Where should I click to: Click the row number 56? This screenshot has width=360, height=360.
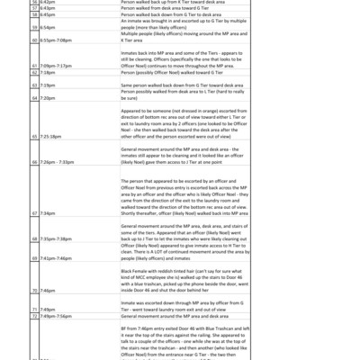pos(33,3)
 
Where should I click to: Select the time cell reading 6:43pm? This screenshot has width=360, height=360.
pos(46,9)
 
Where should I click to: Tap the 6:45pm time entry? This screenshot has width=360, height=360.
pos(46,15)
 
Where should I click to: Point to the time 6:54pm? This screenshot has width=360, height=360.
pos(46,28)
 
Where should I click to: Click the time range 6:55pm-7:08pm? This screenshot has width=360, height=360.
pos(55,40)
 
